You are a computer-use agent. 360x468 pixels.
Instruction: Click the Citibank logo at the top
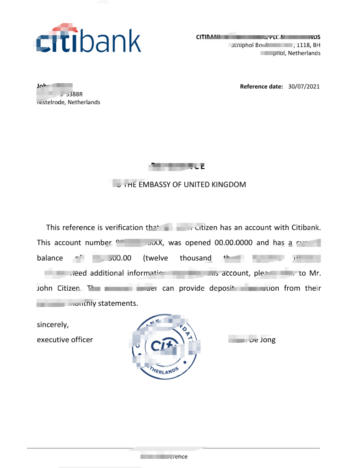coord(89,40)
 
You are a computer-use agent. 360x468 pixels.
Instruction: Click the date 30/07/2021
coord(304,87)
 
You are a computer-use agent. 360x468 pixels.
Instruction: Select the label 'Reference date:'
coord(262,87)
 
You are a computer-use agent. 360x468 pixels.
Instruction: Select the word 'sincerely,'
coord(53,325)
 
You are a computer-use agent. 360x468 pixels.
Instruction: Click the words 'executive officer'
coord(64,340)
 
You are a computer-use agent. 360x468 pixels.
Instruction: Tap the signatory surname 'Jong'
coord(268,340)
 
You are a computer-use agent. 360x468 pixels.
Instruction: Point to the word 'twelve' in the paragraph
coord(156,258)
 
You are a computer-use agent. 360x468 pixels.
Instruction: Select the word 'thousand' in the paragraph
coord(195,258)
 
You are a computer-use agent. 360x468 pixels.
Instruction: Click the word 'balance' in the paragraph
coord(50,258)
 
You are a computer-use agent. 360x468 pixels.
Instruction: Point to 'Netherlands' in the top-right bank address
coord(304,53)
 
